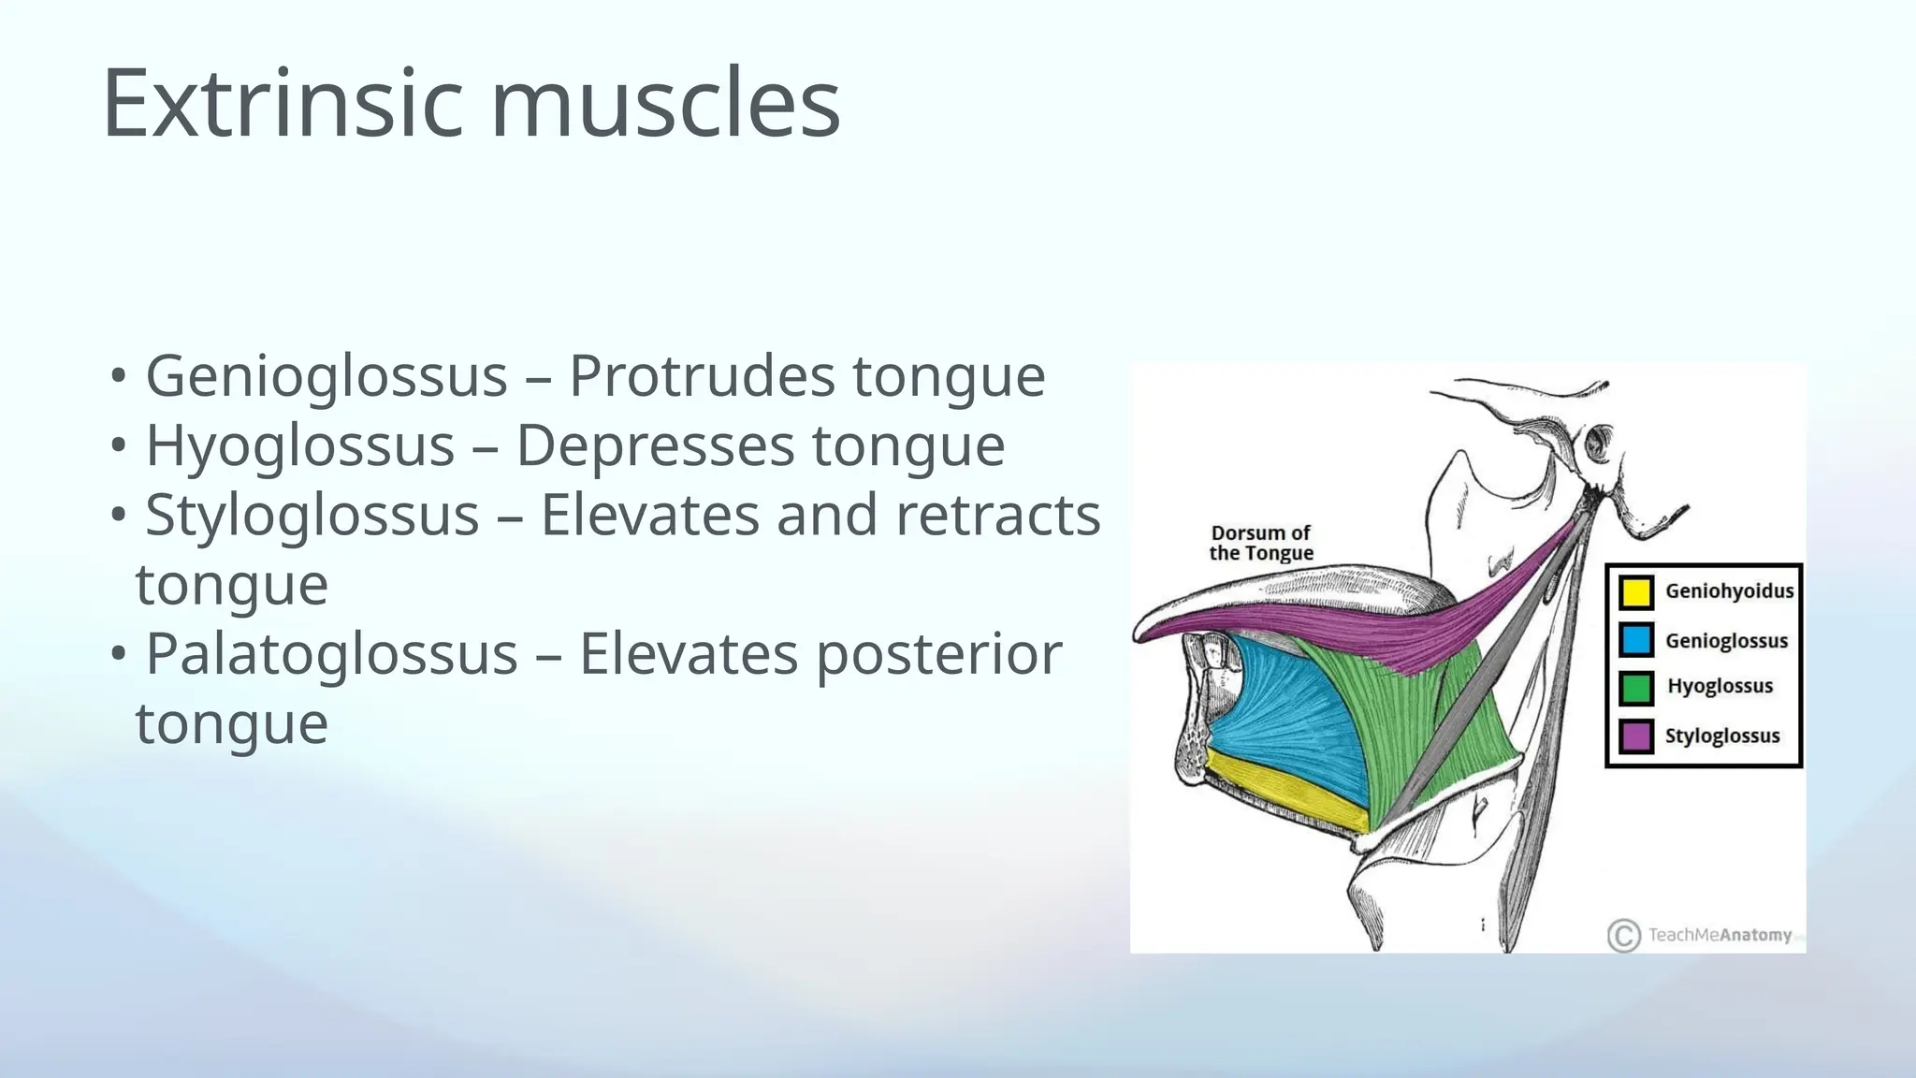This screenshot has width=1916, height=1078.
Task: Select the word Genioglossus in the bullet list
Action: pos(327,376)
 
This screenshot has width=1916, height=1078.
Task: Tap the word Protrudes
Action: pos(702,376)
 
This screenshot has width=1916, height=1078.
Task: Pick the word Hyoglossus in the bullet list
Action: pos(300,445)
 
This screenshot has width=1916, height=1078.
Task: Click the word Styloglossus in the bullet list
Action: pos(312,515)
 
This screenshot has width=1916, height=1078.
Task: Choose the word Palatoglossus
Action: pos(331,653)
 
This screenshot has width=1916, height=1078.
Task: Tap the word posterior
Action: pos(939,653)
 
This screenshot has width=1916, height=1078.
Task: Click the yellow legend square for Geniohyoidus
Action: pos(1636,591)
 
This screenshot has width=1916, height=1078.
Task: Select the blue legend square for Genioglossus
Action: pos(1636,640)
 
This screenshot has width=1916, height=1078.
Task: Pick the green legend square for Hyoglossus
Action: pos(1636,688)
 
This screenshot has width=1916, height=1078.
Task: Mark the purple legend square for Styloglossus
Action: pos(1636,736)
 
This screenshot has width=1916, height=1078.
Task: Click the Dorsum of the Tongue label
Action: pos(1261,543)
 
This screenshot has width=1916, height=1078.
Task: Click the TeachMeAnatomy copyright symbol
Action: pos(1624,936)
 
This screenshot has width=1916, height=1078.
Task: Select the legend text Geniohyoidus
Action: pos(1729,591)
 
